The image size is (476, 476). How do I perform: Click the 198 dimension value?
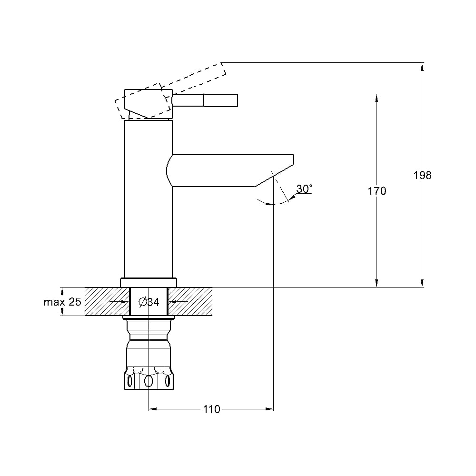(422, 175)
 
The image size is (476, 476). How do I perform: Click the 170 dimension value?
(377, 191)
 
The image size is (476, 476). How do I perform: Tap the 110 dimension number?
(212, 409)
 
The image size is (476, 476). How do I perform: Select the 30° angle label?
(304, 188)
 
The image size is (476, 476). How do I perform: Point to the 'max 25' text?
(62, 302)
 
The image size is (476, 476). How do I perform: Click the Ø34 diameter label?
(149, 302)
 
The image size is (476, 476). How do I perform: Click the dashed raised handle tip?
(223, 69)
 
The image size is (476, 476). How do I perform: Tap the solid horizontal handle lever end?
(220, 100)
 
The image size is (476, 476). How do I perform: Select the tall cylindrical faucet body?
(149, 199)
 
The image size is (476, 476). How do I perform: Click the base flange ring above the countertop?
(149, 283)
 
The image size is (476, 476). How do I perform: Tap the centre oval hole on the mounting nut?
(149, 381)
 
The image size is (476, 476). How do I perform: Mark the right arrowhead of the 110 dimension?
(269, 409)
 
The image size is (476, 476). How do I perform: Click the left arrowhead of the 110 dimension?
(153, 409)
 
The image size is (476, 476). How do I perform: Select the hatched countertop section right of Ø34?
(190, 301)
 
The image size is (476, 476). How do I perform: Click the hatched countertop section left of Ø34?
(107, 301)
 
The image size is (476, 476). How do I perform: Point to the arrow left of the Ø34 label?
(119, 302)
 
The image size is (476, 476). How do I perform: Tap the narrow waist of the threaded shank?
(149, 336)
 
